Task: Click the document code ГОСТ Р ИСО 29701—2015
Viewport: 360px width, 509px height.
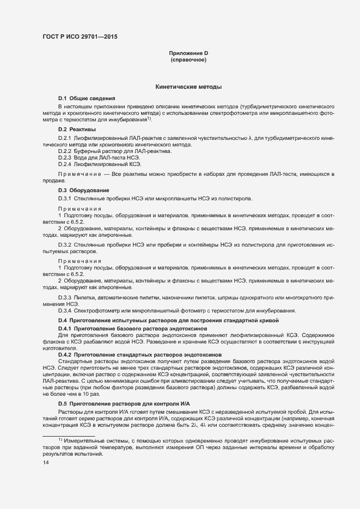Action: [80, 37]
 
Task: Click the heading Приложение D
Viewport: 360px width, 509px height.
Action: [188, 53]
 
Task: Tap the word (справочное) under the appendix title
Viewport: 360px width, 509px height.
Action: [188, 60]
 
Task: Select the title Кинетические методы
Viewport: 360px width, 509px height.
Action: [188, 87]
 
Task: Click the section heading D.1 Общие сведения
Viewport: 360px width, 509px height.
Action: [86, 97]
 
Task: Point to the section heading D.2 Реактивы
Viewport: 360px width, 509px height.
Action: [77, 129]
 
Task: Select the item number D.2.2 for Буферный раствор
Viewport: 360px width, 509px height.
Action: [65, 151]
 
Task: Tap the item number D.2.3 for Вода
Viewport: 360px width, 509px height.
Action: [65, 157]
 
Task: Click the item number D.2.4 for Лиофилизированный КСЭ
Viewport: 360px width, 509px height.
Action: [65, 164]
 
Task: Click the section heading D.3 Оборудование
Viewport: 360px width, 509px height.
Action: [83, 190]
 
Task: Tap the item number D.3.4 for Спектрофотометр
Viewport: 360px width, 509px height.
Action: [65, 310]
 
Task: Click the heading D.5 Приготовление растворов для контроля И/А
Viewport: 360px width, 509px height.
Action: [124, 403]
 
